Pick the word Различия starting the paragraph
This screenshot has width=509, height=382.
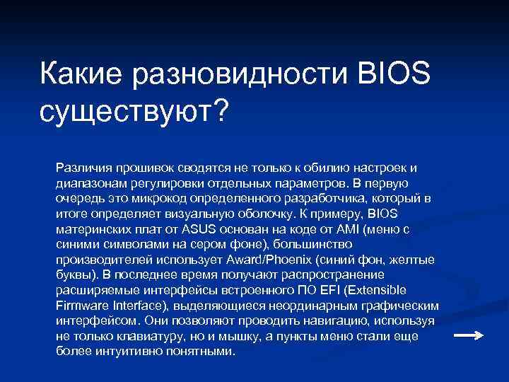tap(81, 168)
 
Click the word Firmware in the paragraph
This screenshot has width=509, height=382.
tap(79, 306)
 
